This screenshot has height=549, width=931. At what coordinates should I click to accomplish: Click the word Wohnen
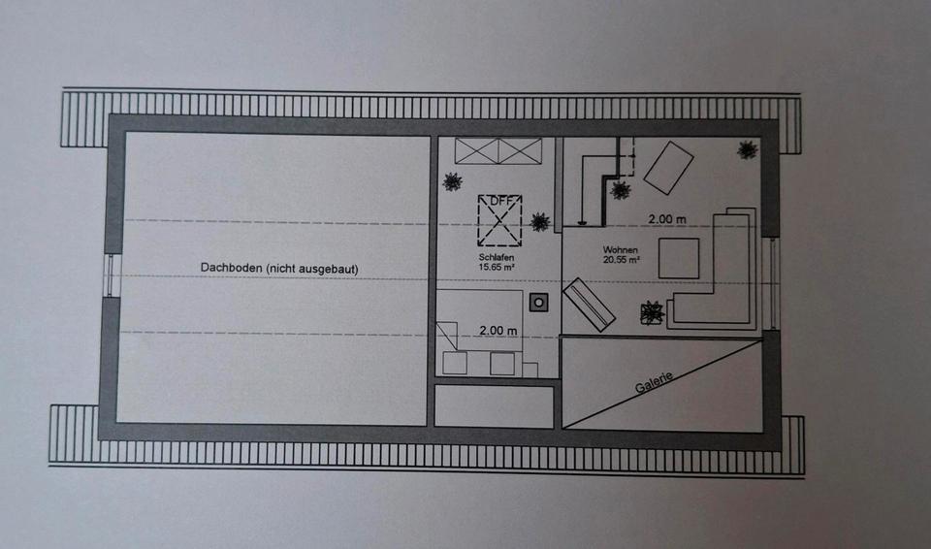621,249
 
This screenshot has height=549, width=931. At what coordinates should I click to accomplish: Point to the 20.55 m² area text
621,260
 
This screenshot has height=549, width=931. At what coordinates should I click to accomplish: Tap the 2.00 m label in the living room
667,218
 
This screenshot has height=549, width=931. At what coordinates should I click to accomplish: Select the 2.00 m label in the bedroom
498,331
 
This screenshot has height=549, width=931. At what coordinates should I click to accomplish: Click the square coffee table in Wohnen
679,258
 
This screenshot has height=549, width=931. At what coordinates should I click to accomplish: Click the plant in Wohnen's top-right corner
747,149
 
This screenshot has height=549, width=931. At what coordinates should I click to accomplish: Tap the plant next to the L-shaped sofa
651,312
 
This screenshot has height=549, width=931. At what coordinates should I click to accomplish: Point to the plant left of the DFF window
452,180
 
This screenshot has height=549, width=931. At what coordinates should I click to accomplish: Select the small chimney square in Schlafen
539,303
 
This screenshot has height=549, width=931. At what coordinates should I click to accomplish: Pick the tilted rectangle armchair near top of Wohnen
669,166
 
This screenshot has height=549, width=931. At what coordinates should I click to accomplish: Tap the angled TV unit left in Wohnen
590,305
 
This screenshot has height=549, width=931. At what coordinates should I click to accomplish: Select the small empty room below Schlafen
494,406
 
